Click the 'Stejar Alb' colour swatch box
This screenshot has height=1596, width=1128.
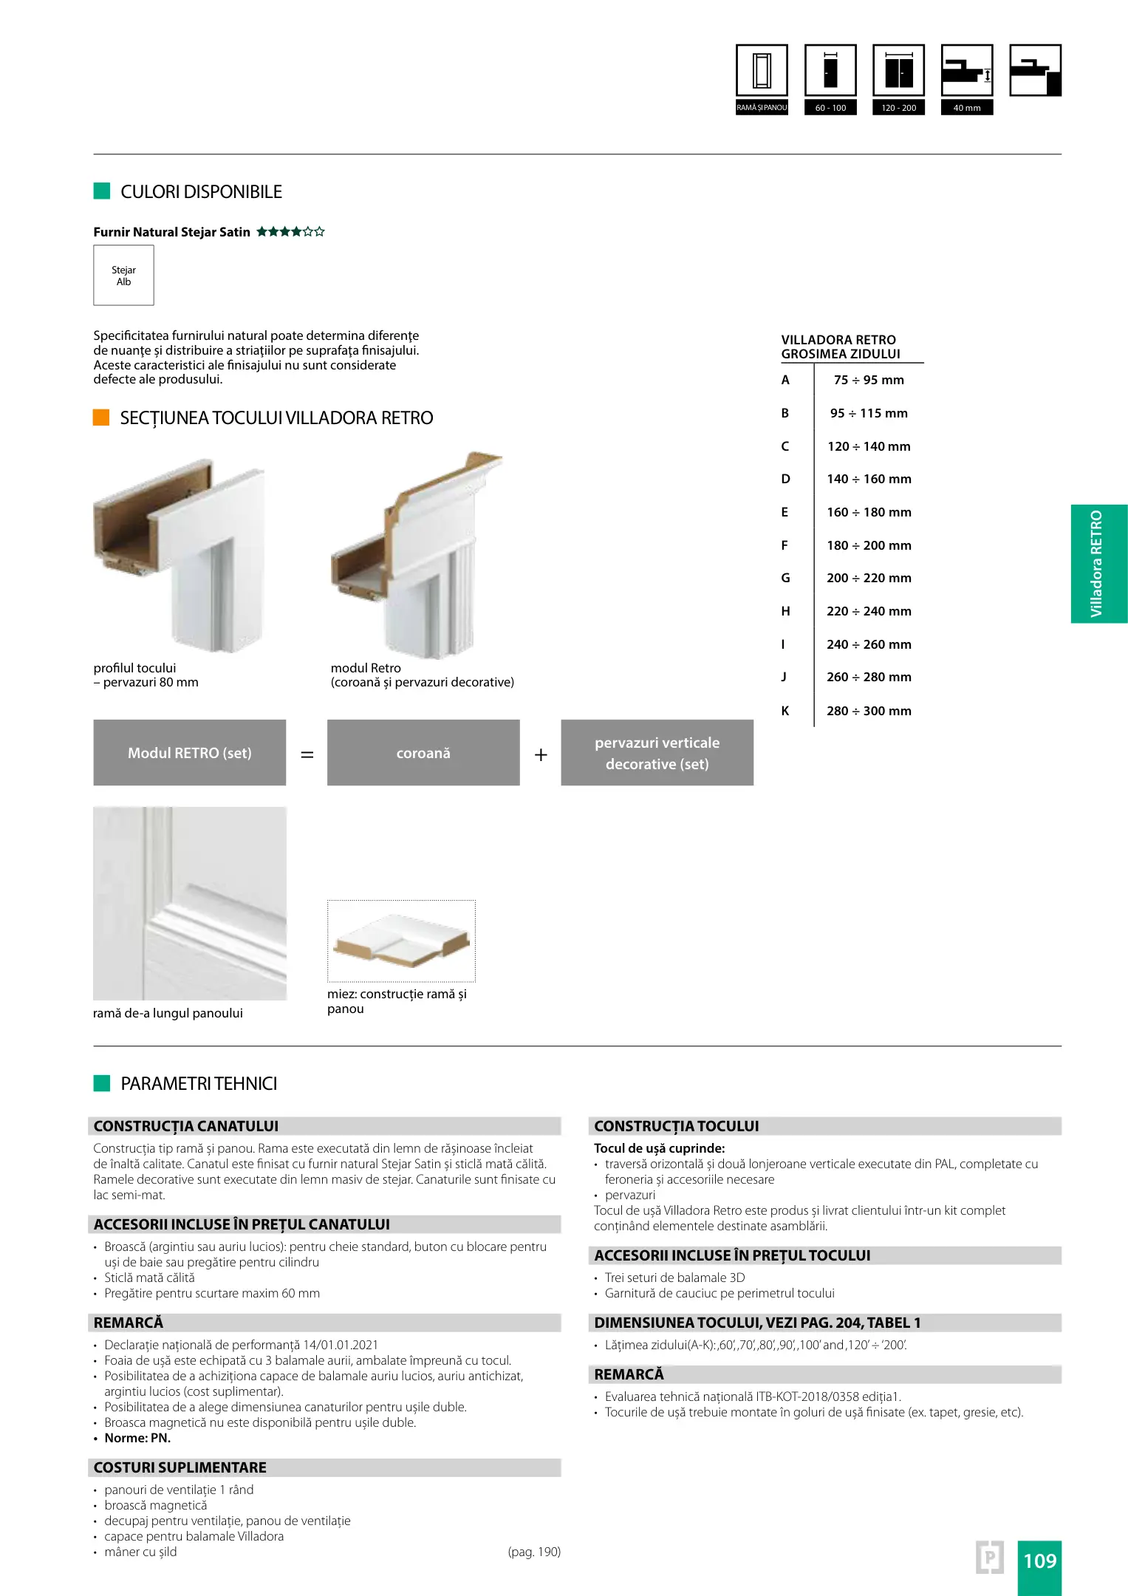pyautogui.click(x=123, y=275)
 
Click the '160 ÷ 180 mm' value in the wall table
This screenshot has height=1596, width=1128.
pyautogui.click(x=869, y=512)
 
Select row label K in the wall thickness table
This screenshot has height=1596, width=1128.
pyautogui.click(x=785, y=711)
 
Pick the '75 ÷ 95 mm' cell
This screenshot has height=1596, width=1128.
pyautogui.click(x=869, y=380)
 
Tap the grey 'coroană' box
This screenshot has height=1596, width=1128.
pyautogui.click(x=423, y=753)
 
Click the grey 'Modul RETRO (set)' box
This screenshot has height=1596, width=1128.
pyautogui.click(x=189, y=753)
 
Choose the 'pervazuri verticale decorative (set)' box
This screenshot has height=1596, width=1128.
pyautogui.click(x=657, y=753)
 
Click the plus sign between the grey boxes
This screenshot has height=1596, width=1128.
pyautogui.click(x=541, y=754)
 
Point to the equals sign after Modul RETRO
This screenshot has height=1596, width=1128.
pyautogui.click(x=307, y=754)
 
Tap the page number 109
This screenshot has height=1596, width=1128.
pyautogui.click(x=1039, y=1561)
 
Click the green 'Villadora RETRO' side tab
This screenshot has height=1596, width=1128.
pyautogui.click(x=1098, y=564)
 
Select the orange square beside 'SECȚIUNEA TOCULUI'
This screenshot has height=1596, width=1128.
pyautogui.click(x=101, y=417)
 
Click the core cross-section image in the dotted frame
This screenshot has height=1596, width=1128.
pyautogui.click(x=401, y=941)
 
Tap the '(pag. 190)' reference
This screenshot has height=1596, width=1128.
pyautogui.click(x=534, y=1552)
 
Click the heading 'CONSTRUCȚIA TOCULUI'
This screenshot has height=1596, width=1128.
pyautogui.click(x=677, y=1126)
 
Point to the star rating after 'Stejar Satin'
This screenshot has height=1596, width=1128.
pyautogui.click(x=290, y=232)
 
